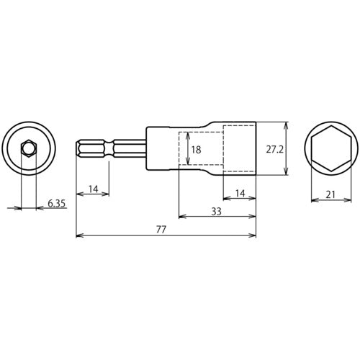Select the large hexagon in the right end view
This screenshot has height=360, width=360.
[x=333, y=149]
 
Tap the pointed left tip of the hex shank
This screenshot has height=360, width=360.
[x=77, y=149]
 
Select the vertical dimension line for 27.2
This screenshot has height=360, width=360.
[x=287, y=149]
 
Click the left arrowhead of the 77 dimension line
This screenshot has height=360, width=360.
[x=78, y=235]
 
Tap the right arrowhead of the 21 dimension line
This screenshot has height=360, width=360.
[x=352, y=199]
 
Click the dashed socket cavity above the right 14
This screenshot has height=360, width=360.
[x=239, y=149]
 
